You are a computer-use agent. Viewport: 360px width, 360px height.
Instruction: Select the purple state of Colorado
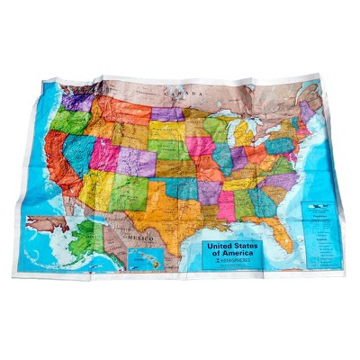tap(135, 162)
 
